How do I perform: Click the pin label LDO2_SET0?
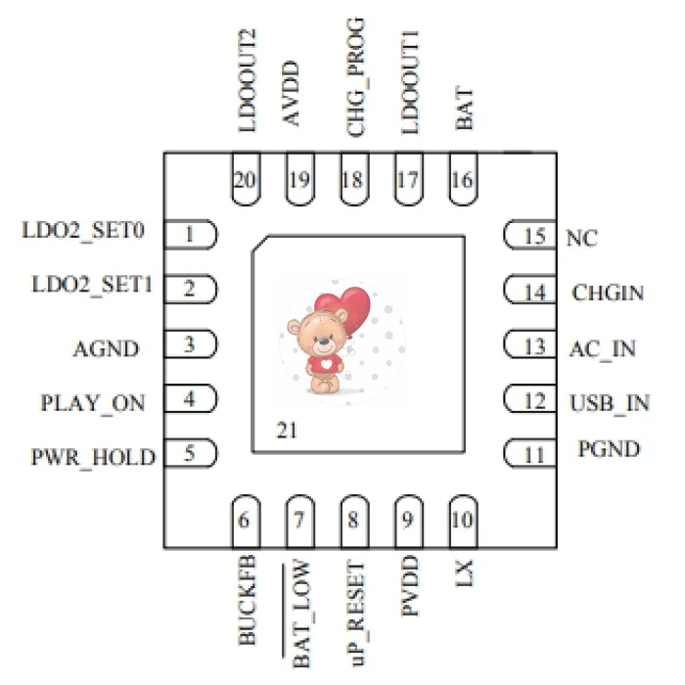pyautogui.click(x=84, y=233)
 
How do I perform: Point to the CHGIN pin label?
pyautogui.click(x=609, y=292)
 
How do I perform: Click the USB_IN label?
pyautogui.click(x=609, y=401)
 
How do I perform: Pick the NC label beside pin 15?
pyautogui.click(x=582, y=237)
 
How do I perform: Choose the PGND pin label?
pyautogui.click(x=608, y=450)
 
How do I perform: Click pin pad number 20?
pyautogui.click(x=247, y=181)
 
